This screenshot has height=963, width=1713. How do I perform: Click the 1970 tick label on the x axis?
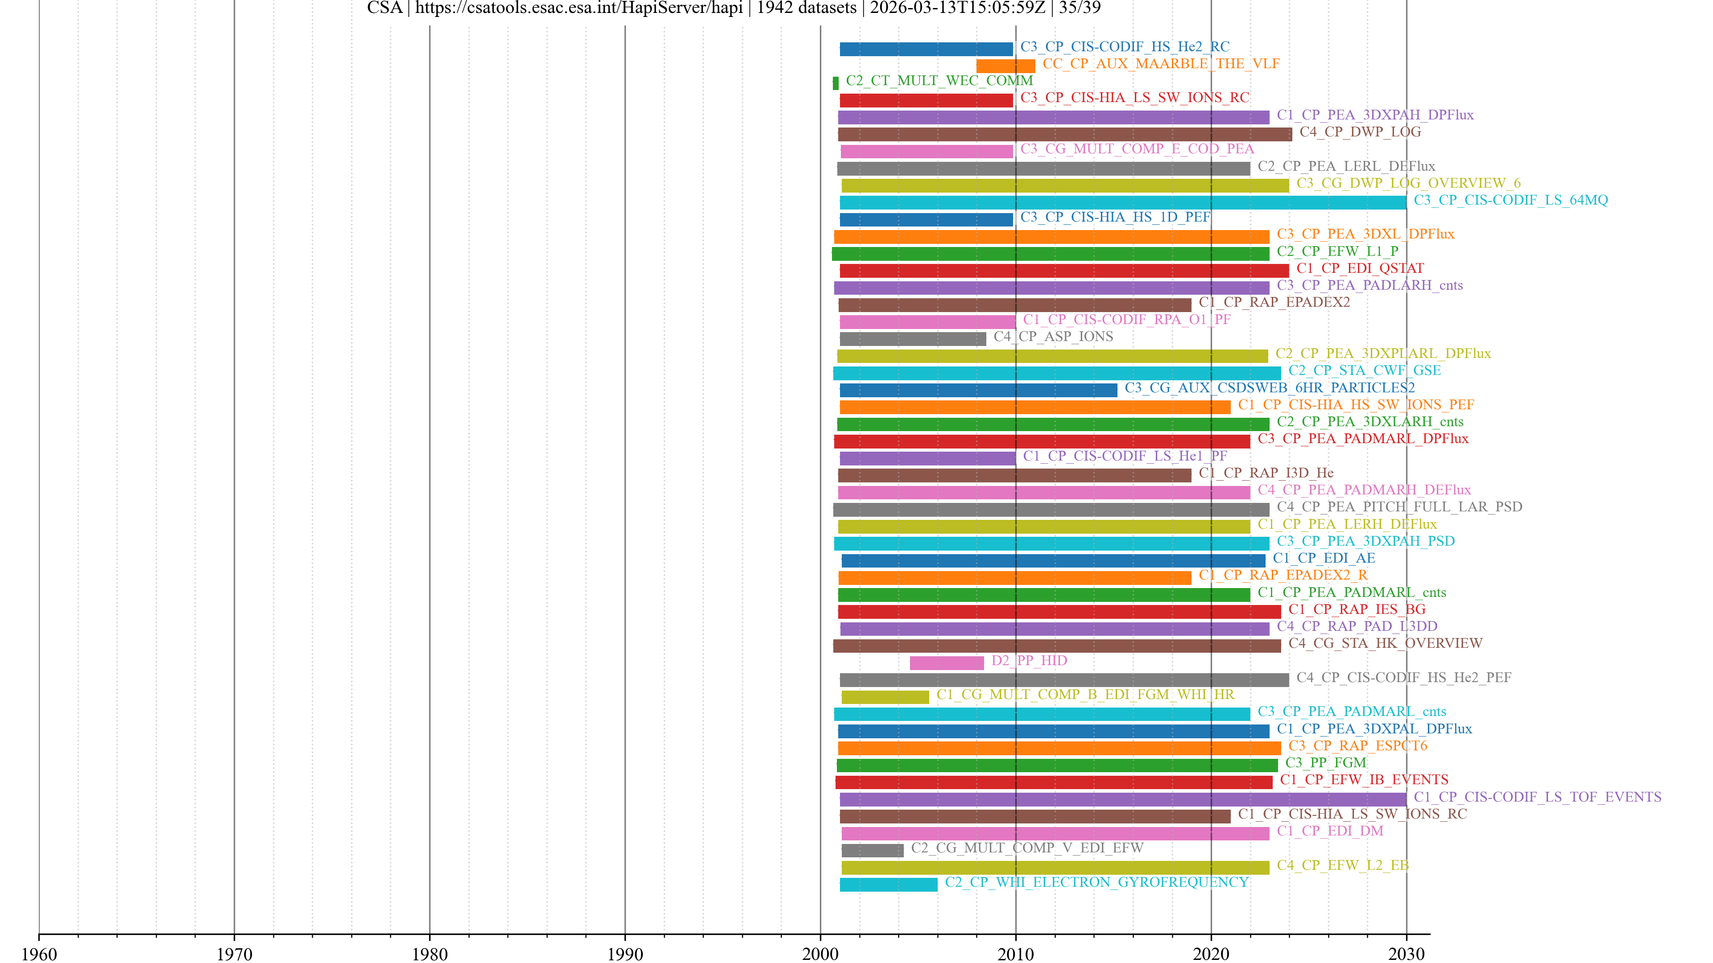(234, 954)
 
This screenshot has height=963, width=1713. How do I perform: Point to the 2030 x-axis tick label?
(1406, 954)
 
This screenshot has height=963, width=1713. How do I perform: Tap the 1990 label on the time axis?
(625, 954)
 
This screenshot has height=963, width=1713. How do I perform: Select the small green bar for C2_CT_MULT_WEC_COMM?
(835, 83)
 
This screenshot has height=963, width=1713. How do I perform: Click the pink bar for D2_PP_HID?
(946, 663)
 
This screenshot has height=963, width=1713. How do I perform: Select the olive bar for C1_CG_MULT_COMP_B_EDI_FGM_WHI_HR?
(885, 696)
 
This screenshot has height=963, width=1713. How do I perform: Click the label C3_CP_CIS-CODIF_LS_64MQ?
(1510, 200)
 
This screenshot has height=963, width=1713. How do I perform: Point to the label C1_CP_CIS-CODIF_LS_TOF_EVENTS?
(1537, 797)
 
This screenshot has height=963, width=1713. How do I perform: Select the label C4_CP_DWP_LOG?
(1360, 132)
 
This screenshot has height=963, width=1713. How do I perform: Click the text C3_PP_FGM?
(1325, 762)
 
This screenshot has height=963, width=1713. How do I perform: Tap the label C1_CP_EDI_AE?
(1323, 558)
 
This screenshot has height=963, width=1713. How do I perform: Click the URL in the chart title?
(579, 8)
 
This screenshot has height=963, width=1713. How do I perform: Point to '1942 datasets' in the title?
(806, 8)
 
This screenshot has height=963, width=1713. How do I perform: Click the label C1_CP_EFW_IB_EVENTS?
(1364, 780)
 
